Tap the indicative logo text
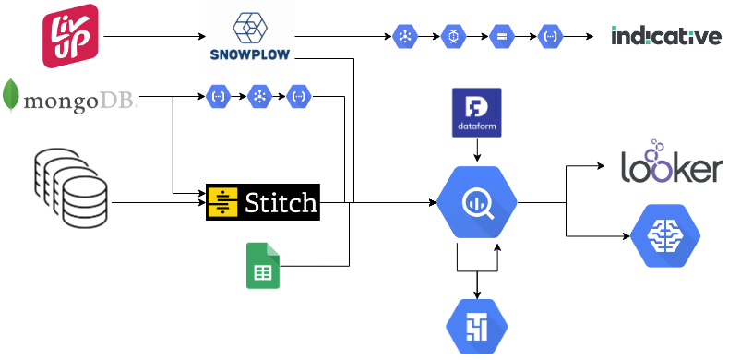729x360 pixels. coord(665,36)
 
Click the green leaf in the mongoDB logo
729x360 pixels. coord(11,96)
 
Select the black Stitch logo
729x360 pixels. coord(263,201)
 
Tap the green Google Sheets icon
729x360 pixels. coord(263,265)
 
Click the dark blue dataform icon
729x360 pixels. coord(476,113)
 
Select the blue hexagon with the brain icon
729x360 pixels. coord(660,235)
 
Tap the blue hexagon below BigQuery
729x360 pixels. coord(476,328)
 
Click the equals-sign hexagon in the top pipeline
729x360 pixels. coord(501,37)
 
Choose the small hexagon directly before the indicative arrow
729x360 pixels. coord(549,37)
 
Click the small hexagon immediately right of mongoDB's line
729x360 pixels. coord(218,96)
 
